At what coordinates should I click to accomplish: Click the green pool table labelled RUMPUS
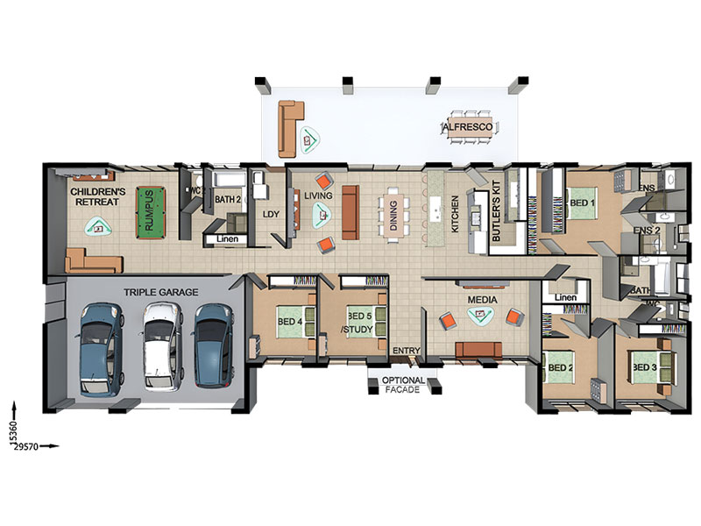click(151, 213)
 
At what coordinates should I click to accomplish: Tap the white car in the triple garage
click(162, 347)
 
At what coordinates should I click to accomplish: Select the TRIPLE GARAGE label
click(161, 292)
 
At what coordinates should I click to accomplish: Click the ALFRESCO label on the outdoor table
click(468, 127)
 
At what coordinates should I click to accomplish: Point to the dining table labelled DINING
click(393, 215)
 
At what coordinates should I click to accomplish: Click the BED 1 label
click(582, 203)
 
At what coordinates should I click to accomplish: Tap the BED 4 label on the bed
click(290, 321)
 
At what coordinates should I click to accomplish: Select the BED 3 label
click(644, 367)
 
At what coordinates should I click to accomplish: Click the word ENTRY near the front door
click(407, 351)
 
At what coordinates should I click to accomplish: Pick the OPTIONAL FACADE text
click(403, 385)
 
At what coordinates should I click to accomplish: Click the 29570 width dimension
click(26, 446)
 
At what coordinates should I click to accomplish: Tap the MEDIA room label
click(483, 300)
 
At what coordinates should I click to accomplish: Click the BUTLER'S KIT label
click(496, 211)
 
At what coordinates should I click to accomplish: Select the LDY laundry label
click(271, 214)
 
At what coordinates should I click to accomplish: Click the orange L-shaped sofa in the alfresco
click(290, 129)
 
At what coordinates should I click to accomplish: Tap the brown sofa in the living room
click(350, 212)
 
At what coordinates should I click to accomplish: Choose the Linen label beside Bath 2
click(227, 238)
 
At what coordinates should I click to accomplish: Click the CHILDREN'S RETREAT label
click(98, 196)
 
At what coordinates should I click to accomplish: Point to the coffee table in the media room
click(480, 316)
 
